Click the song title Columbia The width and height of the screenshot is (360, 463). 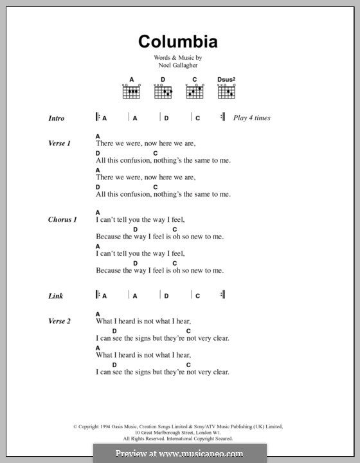pyautogui.click(x=178, y=42)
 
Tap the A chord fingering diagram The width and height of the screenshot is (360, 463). pyautogui.click(x=131, y=93)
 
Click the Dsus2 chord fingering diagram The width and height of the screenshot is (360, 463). pyautogui.click(x=226, y=93)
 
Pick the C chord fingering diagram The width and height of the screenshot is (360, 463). pyautogui.click(x=194, y=93)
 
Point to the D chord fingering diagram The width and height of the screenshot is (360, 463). pyautogui.click(x=163, y=93)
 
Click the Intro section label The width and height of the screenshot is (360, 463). pyautogui.click(x=57, y=118)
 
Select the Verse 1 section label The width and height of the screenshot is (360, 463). pyautogui.click(x=59, y=143)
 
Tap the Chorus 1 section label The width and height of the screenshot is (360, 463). pyautogui.click(x=62, y=219)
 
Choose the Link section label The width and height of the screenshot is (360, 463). pyautogui.click(x=56, y=296)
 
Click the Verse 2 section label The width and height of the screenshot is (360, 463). pyautogui.click(x=59, y=321)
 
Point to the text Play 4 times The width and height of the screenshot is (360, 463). pyautogui.click(x=252, y=118)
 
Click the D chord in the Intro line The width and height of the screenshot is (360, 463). pyautogui.click(x=166, y=118)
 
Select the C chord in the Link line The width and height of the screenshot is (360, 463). pyautogui.click(x=198, y=296)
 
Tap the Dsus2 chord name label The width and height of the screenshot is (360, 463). pyautogui.click(x=226, y=80)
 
